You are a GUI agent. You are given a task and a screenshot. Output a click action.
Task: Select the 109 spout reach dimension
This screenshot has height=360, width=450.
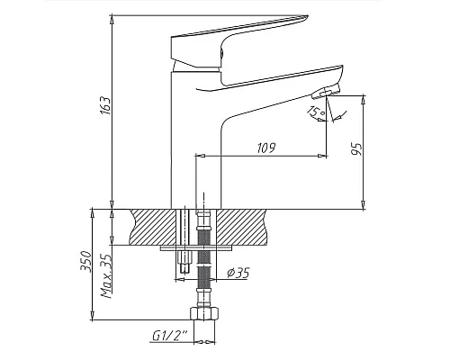(x=265, y=147)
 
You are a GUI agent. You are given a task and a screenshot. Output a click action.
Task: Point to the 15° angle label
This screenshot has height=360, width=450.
(x=315, y=112)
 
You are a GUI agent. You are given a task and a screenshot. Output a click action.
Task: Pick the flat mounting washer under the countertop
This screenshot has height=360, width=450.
(x=193, y=246)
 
